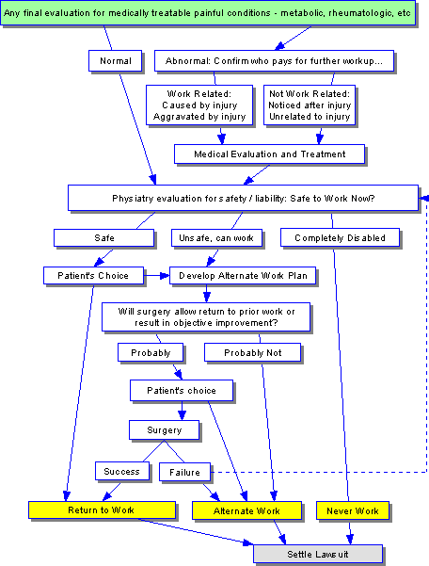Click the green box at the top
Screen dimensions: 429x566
click(x=208, y=13)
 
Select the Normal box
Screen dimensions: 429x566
click(x=116, y=60)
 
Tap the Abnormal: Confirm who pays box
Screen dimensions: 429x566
click(x=274, y=60)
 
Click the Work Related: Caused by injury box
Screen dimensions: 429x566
click(x=199, y=105)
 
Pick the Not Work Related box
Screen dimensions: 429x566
click(x=310, y=105)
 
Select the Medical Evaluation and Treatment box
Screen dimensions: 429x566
click(x=270, y=154)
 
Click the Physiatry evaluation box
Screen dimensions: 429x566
click(x=244, y=198)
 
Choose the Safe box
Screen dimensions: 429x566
click(x=104, y=238)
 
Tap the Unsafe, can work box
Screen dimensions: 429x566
click(x=216, y=238)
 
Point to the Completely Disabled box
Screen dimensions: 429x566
click(x=340, y=238)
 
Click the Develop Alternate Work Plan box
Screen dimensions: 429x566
click(x=243, y=276)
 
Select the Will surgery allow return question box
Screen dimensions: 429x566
click(x=206, y=317)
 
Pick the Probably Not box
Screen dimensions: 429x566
click(x=253, y=352)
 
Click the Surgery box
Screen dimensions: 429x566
click(x=165, y=429)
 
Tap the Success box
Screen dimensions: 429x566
click(x=122, y=472)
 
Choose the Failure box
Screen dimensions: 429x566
click(x=185, y=472)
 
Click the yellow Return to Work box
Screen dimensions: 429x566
click(x=102, y=510)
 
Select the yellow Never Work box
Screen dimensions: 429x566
click(x=353, y=510)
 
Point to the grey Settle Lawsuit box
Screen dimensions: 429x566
click(x=318, y=554)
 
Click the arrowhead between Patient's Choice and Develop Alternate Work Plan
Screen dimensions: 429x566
click(x=165, y=276)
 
